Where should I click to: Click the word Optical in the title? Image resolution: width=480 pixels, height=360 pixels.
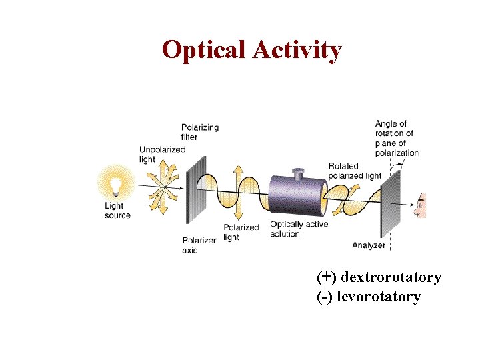(x=204, y=50)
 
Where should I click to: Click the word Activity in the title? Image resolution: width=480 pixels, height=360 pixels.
(x=297, y=50)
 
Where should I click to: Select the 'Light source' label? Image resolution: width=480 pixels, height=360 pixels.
(x=117, y=211)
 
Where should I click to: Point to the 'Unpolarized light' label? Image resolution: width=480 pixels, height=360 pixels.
(x=161, y=154)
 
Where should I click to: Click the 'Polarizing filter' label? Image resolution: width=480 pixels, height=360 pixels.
(x=200, y=132)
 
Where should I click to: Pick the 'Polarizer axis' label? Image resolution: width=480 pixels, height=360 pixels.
(x=199, y=245)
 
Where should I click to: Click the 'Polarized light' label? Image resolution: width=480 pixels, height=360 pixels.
(x=241, y=232)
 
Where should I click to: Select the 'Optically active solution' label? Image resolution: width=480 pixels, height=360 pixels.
(x=299, y=229)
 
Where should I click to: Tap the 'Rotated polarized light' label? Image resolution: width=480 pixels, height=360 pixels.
(x=354, y=171)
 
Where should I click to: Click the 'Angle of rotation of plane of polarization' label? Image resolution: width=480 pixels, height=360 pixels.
(x=396, y=138)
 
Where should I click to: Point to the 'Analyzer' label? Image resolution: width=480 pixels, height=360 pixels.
(x=369, y=245)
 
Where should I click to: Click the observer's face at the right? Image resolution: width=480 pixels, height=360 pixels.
(x=420, y=206)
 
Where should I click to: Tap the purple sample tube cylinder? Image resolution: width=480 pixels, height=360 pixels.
(x=297, y=196)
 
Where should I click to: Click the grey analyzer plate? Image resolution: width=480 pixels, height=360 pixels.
(x=390, y=203)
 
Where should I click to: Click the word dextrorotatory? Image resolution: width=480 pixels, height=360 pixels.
(x=391, y=277)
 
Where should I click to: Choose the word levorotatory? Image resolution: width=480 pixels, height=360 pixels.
(x=379, y=297)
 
